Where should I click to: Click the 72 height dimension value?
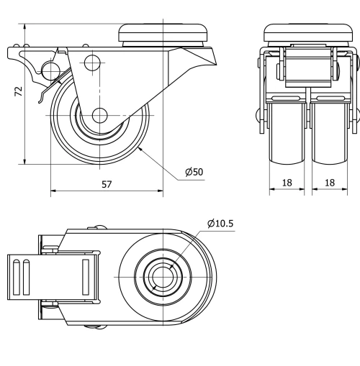click(x=19, y=91)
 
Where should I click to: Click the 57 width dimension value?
click(x=107, y=184)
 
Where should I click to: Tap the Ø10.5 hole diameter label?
click(x=220, y=224)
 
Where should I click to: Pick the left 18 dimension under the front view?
click(x=287, y=183)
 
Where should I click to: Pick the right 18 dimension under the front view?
click(x=330, y=183)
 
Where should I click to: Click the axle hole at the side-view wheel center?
click(x=99, y=115)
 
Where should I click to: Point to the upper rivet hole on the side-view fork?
click(x=90, y=63)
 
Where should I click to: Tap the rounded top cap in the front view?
click(x=308, y=32)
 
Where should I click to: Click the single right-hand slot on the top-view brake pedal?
click(x=86, y=276)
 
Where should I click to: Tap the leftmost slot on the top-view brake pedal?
click(x=15, y=276)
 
